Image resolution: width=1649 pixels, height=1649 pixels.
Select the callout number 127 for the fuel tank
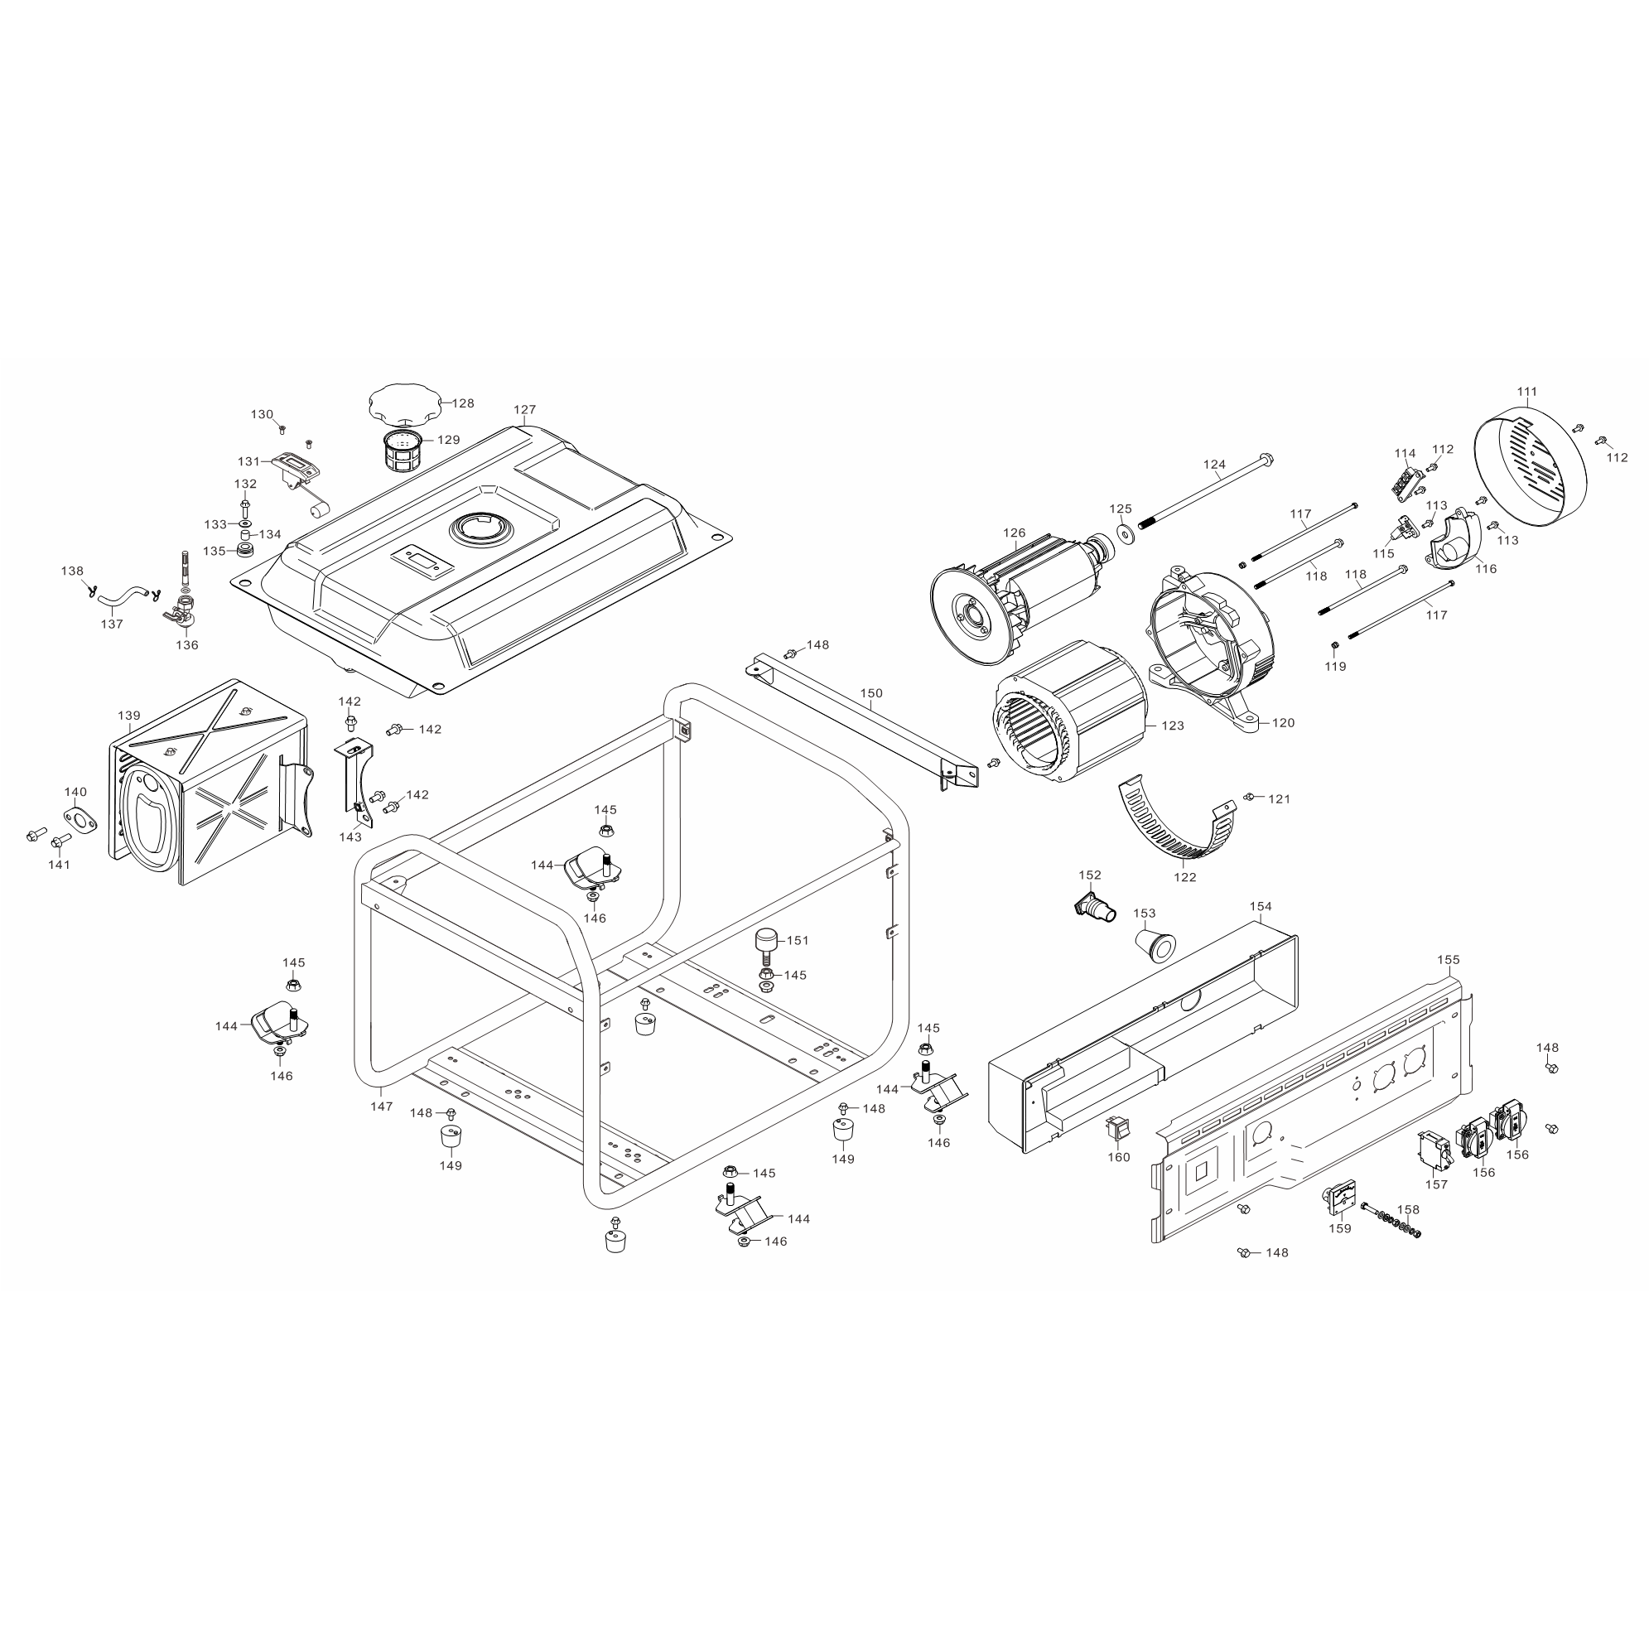525,410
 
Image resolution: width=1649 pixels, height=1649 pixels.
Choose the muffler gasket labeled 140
79,818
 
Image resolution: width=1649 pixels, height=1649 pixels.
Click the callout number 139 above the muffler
129,716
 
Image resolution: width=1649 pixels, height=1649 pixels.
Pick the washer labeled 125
1123,534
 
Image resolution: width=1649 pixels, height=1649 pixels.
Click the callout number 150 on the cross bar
871,693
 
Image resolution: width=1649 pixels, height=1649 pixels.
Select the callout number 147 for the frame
382,1107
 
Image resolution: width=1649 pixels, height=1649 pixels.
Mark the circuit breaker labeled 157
1434,1151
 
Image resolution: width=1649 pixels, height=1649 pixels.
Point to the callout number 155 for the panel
1449,959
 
